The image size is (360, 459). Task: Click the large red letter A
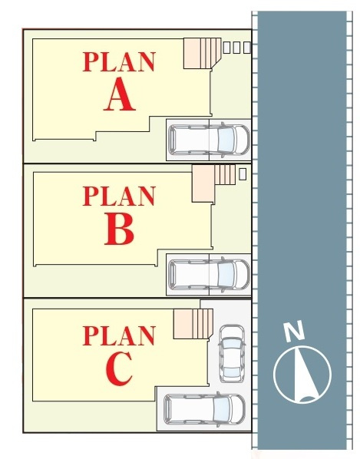120,94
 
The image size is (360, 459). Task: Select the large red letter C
119,368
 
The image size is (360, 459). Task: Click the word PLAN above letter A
118,61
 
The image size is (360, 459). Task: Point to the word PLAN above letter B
118,196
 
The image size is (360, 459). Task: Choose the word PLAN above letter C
118,335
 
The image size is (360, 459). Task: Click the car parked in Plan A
210,140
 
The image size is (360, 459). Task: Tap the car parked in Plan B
210,274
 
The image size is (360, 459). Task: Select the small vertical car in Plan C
232,353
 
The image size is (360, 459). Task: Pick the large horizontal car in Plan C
204,408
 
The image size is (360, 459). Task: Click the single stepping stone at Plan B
243,174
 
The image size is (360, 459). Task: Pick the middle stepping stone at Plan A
236,48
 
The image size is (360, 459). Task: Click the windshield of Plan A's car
226,140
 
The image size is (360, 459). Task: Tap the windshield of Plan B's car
226,274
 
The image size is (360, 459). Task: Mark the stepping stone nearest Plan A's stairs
226,48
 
